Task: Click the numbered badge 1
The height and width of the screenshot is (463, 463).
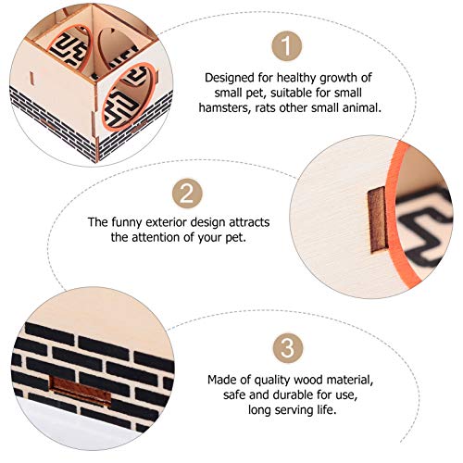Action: (x=286, y=46)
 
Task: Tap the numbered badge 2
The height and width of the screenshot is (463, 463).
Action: (x=187, y=194)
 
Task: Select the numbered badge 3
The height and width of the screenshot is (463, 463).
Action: (x=288, y=348)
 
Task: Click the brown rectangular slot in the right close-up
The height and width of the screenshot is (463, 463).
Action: (x=378, y=219)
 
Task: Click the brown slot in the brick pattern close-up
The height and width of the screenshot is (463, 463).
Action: (x=81, y=390)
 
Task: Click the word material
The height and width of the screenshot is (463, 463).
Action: (x=350, y=380)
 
